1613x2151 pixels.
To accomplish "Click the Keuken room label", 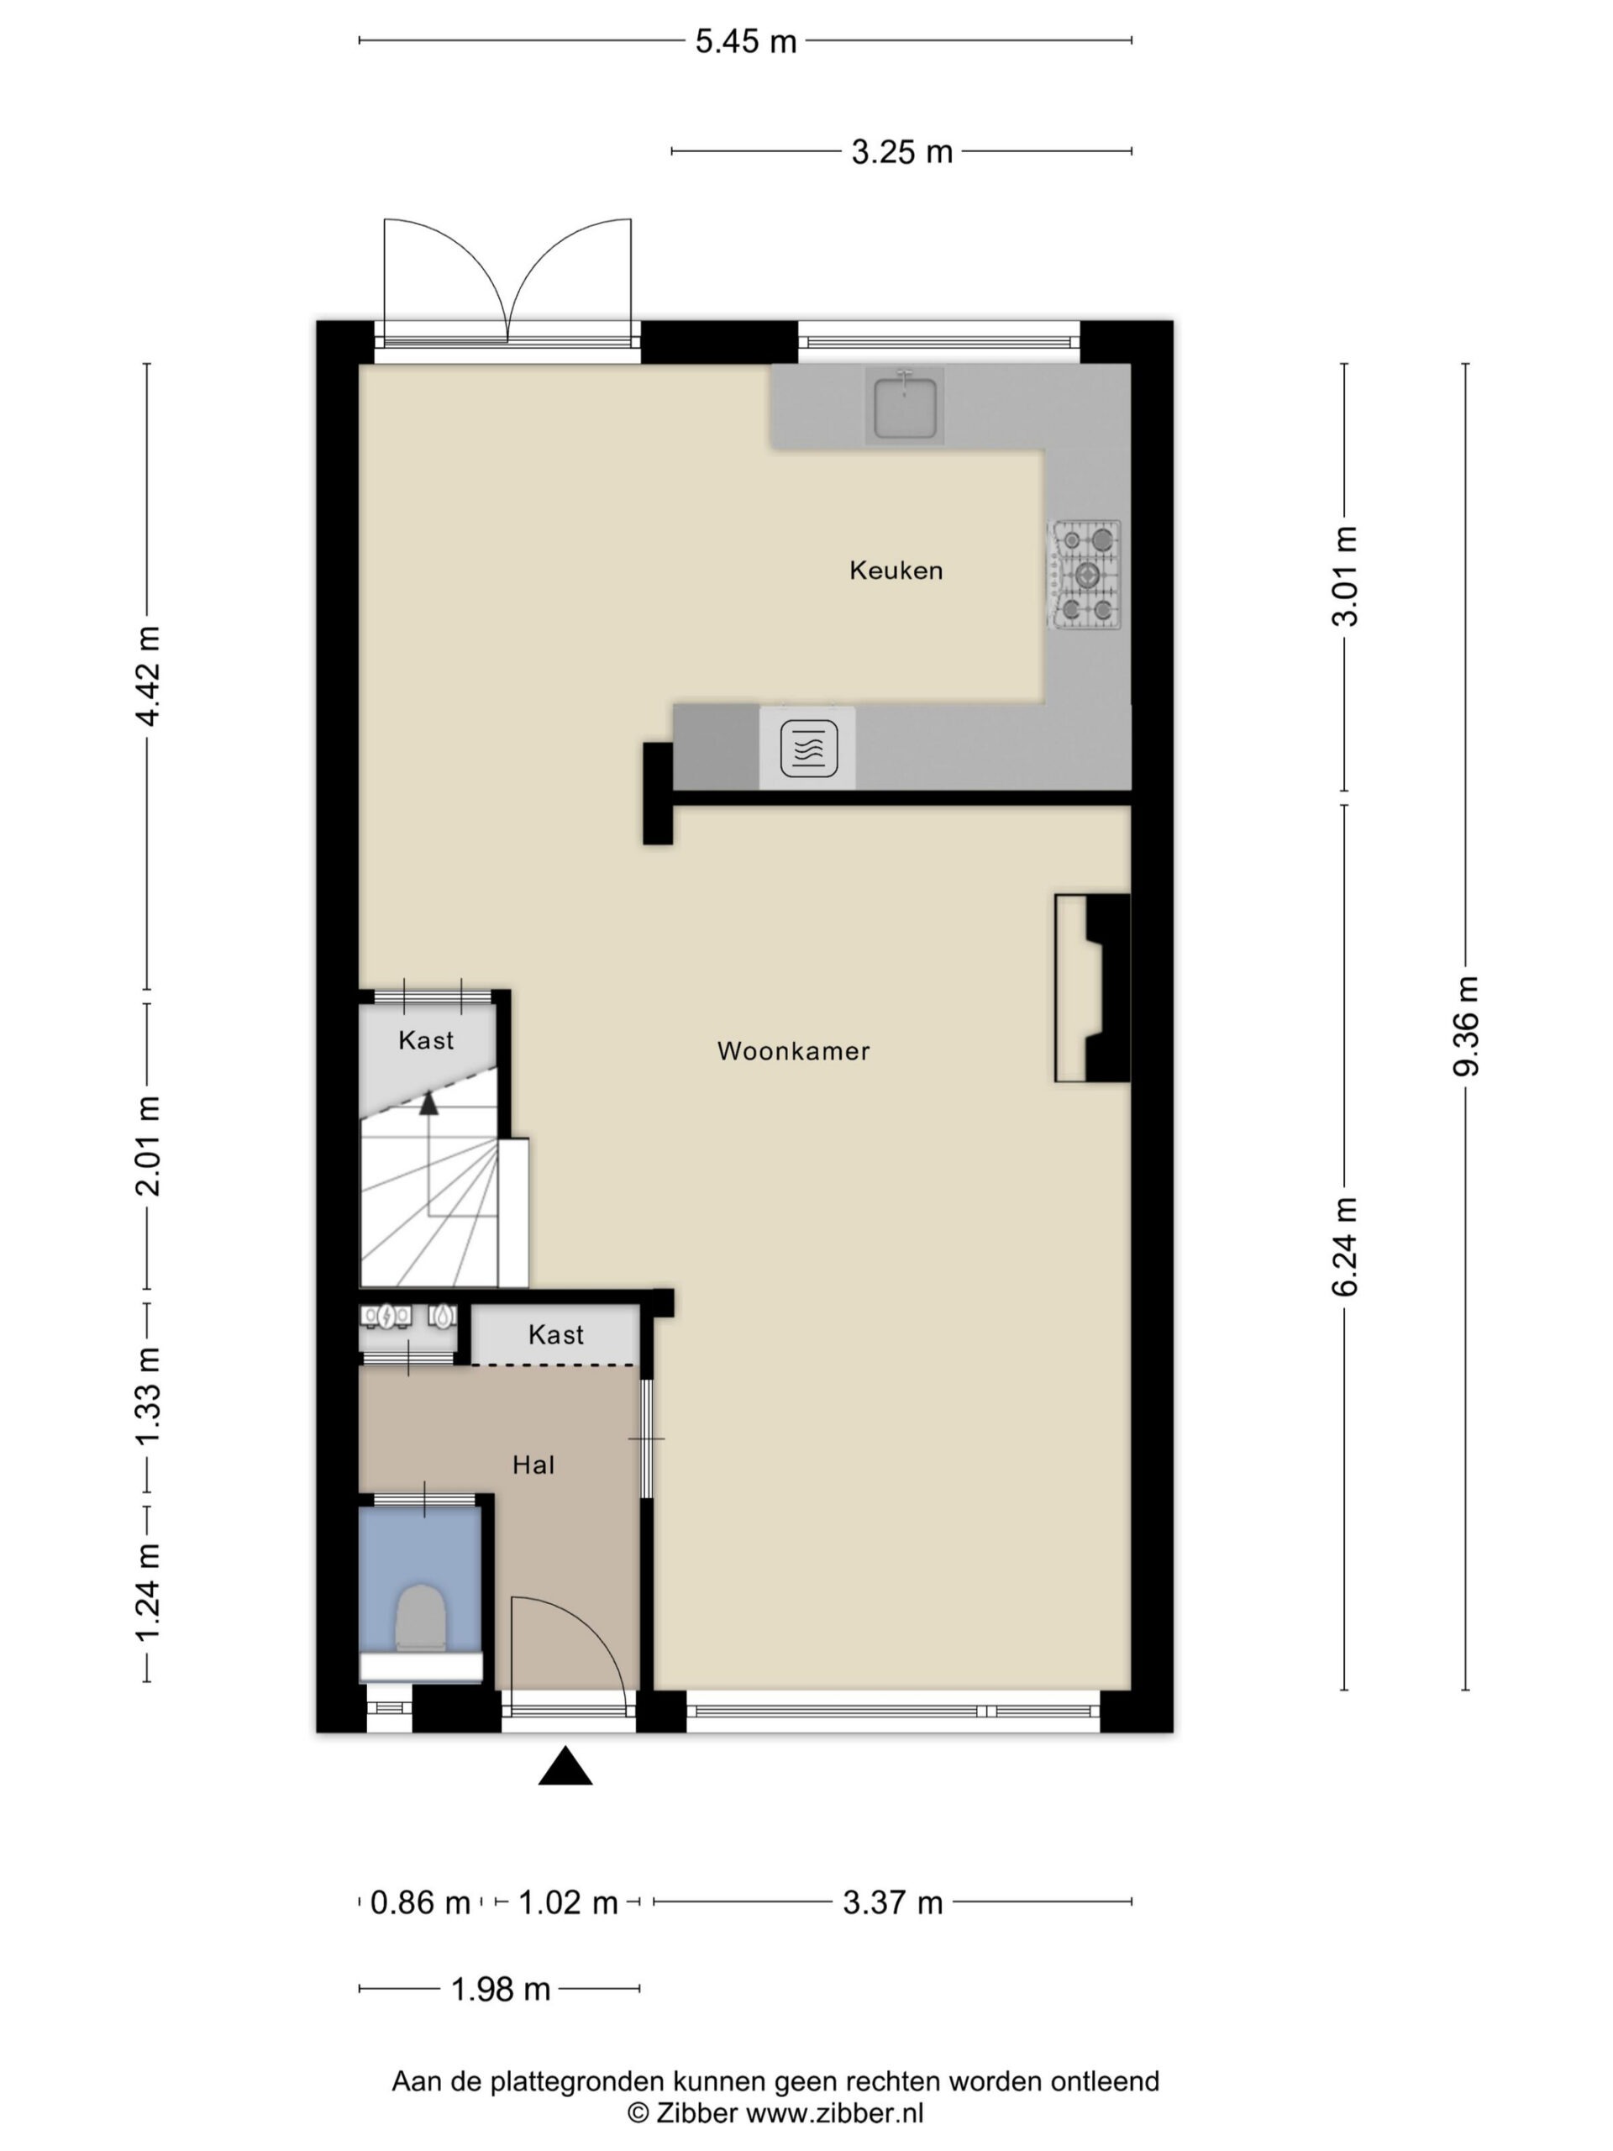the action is click(896, 570).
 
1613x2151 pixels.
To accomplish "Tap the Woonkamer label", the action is click(793, 1050).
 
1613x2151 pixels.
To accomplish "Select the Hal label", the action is click(533, 1465).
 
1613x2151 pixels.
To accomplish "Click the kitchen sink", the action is click(905, 407).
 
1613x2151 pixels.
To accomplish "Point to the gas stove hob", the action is click(1084, 575).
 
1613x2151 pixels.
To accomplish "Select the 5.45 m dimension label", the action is click(746, 42).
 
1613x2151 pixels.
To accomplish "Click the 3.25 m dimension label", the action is click(902, 153).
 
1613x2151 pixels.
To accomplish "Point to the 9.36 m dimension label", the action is click(1465, 1026).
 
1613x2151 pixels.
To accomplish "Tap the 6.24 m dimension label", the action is click(1345, 1247).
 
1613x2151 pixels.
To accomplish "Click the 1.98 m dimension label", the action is click(501, 1990).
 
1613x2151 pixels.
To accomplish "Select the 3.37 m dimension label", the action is click(892, 1903).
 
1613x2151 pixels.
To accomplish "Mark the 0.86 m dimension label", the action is click(420, 1903).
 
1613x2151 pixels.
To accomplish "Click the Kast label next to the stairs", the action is click(426, 1040).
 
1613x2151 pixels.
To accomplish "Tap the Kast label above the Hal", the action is click(556, 1335).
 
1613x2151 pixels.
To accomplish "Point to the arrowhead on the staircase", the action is click(428, 1102).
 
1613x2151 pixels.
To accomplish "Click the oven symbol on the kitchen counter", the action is click(808, 748).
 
